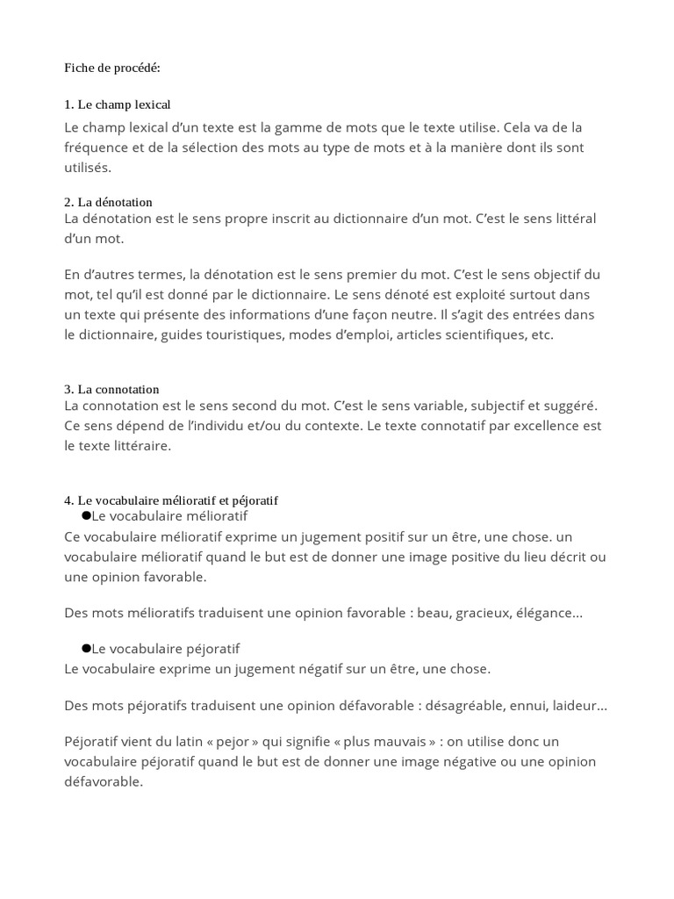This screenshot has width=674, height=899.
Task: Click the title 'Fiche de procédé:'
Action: [112, 68]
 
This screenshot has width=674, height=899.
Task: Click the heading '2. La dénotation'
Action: [108, 202]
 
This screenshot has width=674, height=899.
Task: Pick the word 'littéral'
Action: [581, 218]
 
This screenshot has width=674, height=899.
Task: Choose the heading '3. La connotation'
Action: [111, 389]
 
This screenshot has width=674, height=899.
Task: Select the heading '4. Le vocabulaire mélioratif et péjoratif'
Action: [171, 500]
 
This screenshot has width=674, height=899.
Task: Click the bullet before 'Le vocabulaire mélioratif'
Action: [86, 515]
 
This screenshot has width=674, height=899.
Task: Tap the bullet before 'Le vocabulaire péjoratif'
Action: [86, 648]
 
